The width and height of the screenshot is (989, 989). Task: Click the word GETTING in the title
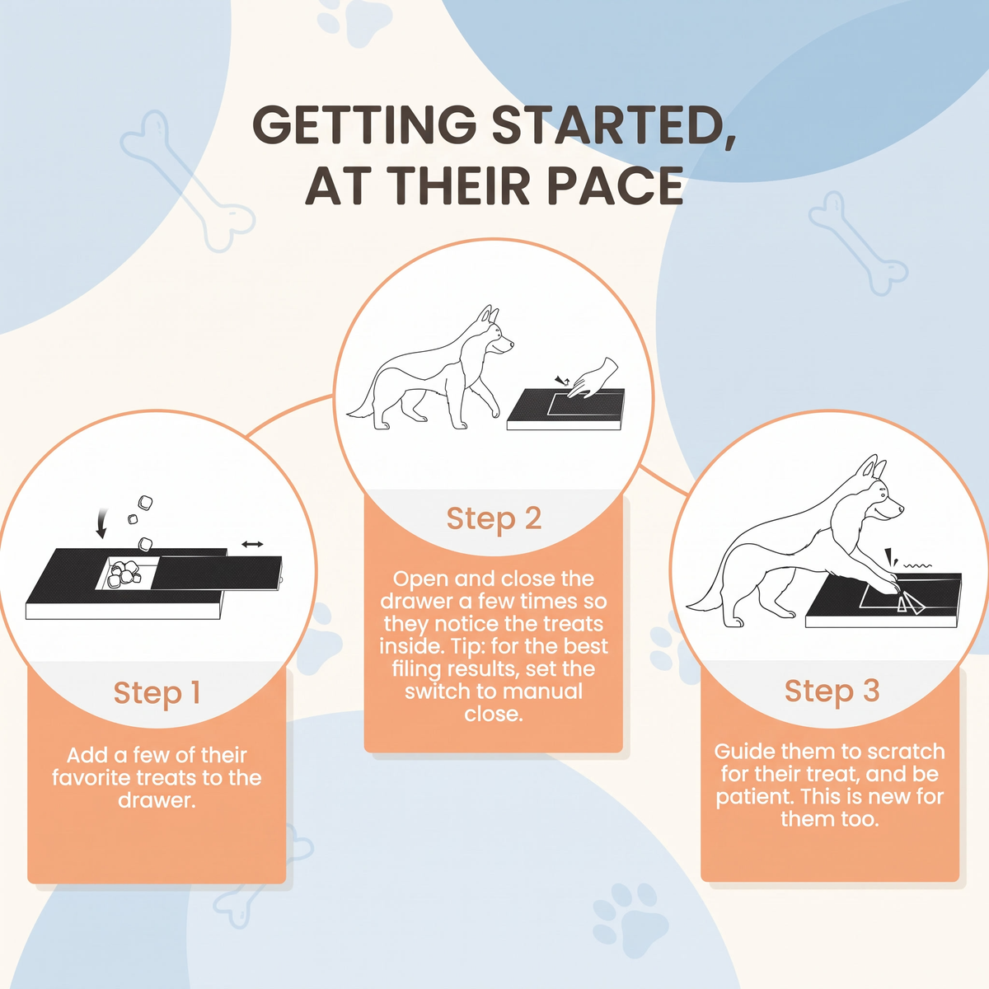point(364,124)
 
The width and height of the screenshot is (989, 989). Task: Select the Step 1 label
point(157,692)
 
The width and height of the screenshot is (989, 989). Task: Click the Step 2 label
point(494,518)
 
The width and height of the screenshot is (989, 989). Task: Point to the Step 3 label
point(832,691)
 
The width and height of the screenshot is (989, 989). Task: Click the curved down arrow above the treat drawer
point(102,523)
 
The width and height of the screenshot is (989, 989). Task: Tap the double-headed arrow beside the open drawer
point(252,544)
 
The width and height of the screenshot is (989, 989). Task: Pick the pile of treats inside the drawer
point(123,574)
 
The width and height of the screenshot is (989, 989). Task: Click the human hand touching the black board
point(593,379)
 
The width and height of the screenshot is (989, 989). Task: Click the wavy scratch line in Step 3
point(917,566)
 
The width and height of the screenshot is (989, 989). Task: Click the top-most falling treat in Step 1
point(146,503)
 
